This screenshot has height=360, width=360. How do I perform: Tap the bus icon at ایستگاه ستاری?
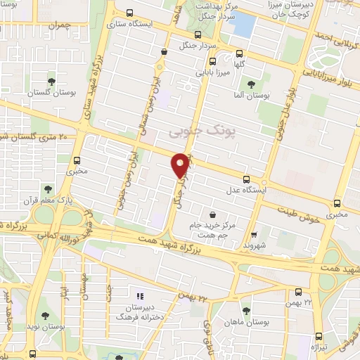[129, 12]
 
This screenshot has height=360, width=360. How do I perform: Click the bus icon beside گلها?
[240, 52]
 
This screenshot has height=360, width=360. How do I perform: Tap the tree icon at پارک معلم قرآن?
[47, 188]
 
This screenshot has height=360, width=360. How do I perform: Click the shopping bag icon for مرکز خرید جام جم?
[212, 214]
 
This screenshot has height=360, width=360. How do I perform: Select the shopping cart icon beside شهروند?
[254, 235]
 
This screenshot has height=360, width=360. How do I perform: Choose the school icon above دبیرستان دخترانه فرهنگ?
[139, 296]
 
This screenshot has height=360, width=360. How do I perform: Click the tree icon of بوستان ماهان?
[245, 309]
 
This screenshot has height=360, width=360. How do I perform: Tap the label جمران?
[62, 25]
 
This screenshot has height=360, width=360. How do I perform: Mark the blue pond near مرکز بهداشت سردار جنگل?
[243, 25]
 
